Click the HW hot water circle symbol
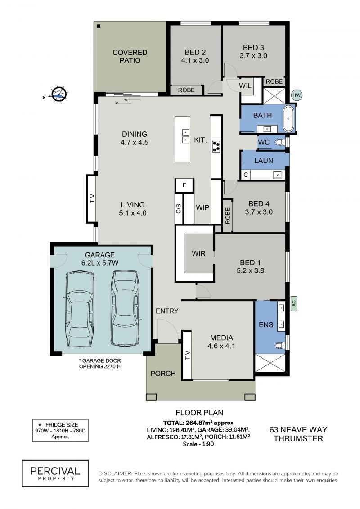tap(297, 95)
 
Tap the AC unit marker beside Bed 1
tap(293, 303)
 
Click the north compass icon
tap(59, 94)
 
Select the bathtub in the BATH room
tap(288, 118)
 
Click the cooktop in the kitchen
tap(216, 146)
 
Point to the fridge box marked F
tap(184, 185)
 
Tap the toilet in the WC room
tap(280, 142)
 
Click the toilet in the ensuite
tap(280, 345)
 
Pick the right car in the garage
tap(126, 308)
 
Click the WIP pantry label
tap(202, 207)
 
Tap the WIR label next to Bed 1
tap(198, 253)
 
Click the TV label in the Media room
tap(188, 355)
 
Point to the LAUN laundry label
tap(264, 161)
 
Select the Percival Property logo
tap(55, 473)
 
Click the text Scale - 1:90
tap(198, 444)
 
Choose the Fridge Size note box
tap(60, 430)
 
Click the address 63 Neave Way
tap(298, 429)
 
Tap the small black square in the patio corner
tap(99, 26)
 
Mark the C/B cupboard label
tap(178, 208)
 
